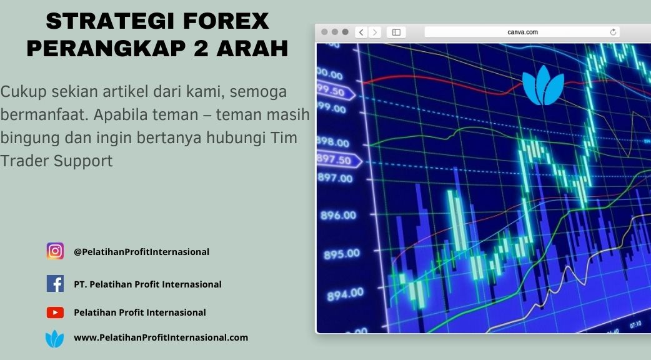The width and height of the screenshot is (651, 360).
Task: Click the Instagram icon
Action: [55, 251]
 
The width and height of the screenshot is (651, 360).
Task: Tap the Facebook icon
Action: [55, 284]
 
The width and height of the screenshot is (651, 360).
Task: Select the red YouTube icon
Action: [55, 312]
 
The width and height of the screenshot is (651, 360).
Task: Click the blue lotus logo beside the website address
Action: [55, 338]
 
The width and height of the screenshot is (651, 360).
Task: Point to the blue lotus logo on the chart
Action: [543, 85]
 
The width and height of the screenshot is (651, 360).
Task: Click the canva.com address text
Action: [522, 32]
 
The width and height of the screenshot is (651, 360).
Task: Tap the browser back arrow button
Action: [361, 32]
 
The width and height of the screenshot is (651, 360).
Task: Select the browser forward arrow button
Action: [374, 32]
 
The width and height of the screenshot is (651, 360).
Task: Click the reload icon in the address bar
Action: [613, 32]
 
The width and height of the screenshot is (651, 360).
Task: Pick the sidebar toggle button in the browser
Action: [396, 32]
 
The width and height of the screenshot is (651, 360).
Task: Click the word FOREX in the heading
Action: [226, 21]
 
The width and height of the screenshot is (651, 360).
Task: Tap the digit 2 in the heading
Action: [201, 48]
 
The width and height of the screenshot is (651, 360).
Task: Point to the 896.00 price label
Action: [339, 215]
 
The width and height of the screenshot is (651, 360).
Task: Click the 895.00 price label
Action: [342, 254]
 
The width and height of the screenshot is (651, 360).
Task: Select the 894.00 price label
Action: [345, 294]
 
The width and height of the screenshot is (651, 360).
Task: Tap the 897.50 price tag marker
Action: [339, 159]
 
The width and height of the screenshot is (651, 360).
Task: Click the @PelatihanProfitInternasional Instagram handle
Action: [142, 252]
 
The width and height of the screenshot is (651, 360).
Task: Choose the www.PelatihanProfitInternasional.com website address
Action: [161, 337]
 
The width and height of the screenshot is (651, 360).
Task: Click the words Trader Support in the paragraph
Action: [56, 161]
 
